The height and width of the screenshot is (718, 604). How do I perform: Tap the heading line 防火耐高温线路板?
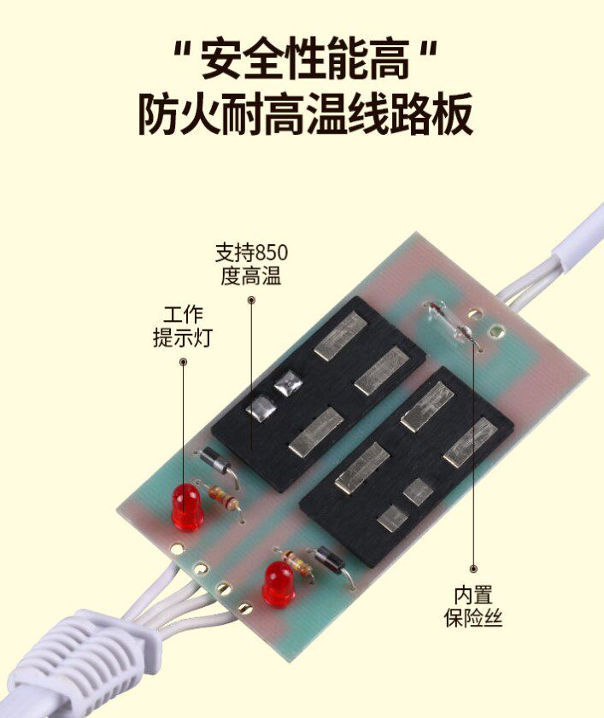305,114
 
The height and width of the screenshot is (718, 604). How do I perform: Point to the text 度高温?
251,277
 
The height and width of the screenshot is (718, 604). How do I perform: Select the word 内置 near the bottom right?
473,595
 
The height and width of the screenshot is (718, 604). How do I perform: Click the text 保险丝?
473,617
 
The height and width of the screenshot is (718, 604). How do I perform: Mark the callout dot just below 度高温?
251,300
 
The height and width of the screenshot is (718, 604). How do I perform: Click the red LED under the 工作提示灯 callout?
187,505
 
